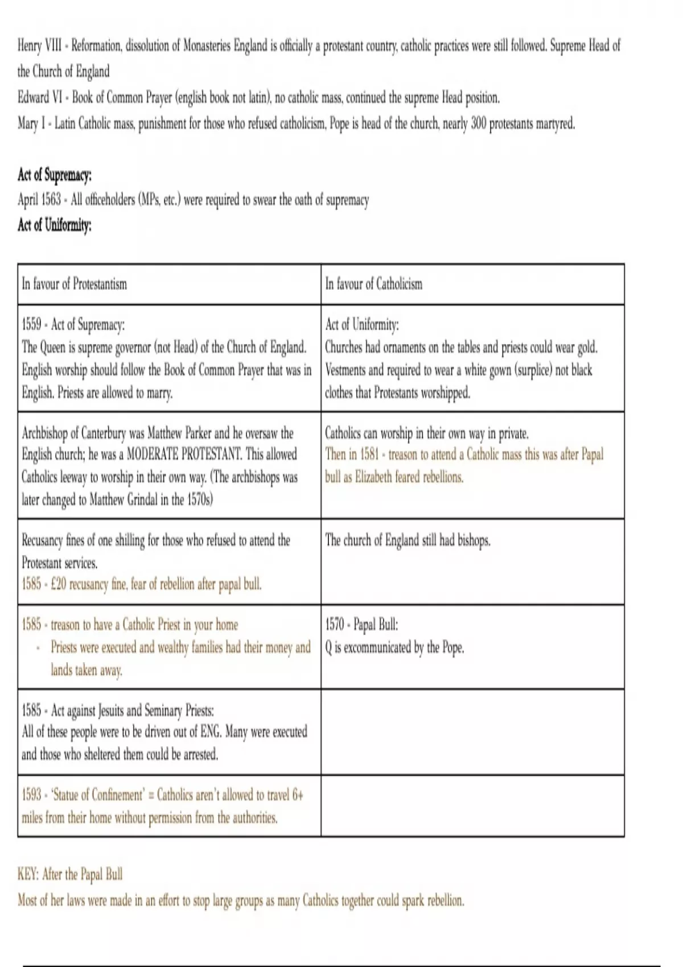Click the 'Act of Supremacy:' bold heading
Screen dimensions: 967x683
pos(54,175)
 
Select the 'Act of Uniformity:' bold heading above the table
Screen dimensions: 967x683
pos(54,225)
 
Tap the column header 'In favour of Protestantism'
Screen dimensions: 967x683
pos(74,284)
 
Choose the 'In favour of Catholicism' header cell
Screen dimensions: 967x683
pos(373,284)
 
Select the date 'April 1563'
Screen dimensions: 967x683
pos(39,200)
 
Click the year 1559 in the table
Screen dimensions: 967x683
pos(32,325)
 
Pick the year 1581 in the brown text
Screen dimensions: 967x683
pos(369,454)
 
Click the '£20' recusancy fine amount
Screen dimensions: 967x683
pos(59,584)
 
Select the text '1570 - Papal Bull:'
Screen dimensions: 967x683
pos(361,625)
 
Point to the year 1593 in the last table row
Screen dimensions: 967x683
pos(32,794)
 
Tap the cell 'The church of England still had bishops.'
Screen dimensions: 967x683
pos(408,540)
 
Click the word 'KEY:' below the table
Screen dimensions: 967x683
pos(28,874)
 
